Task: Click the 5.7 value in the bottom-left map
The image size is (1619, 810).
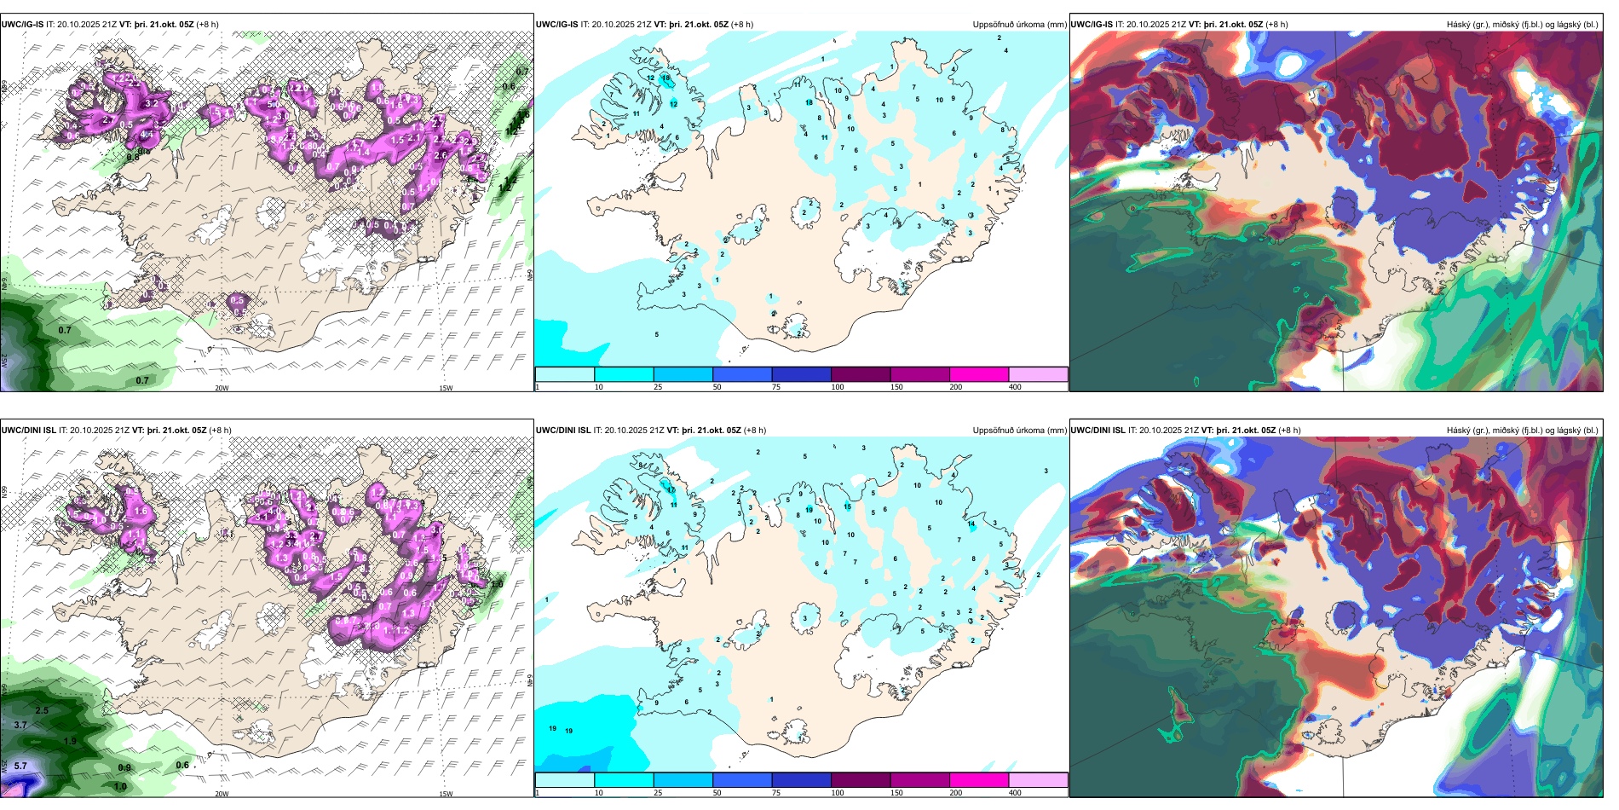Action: pos(20,766)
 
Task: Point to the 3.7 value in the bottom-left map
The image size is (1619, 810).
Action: pos(20,725)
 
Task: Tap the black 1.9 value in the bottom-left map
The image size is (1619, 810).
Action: pos(70,741)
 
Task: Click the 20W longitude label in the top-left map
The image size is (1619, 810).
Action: pos(222,388)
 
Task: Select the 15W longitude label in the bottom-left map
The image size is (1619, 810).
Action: pos(446,794)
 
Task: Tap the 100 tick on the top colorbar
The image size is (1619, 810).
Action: pos(838,387)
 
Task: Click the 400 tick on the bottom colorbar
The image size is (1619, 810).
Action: pos(1015,793)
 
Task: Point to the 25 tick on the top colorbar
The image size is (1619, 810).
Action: pos(658,387)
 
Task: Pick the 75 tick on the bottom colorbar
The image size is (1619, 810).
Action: pos(776,793)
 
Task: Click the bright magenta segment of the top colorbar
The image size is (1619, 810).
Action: pos(979,374)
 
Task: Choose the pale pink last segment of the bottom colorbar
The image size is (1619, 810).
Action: pos(1038,780)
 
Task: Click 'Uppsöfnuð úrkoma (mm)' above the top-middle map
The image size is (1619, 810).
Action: pos(1019,25)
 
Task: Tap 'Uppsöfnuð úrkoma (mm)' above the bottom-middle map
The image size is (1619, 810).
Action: pos(1019,431)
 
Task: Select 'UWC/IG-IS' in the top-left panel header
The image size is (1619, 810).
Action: pos(22,25)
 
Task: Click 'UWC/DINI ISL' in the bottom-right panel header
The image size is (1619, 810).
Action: pos(1098,431)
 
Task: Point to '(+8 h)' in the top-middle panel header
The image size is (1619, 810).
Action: pos(742,25)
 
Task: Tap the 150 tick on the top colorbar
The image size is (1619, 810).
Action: pos(896,387)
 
